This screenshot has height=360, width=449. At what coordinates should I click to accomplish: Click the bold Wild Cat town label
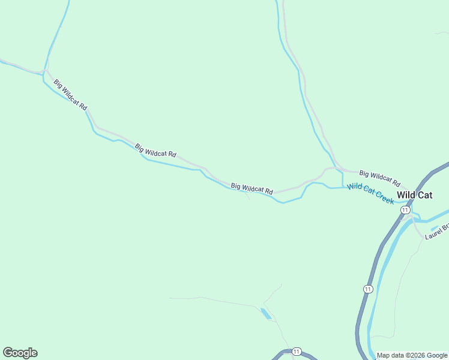pyautogui.click(x=415, y=195)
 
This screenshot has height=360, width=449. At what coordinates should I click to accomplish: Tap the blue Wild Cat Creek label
pyautogui.click(x=371, y=194)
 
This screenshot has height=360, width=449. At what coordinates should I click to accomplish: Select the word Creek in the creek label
pyautogui.click(x=382, y=197)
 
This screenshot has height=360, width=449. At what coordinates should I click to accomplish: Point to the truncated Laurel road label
pyautogui.click(x=436, y=232)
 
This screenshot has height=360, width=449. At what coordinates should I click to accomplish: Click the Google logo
pyautogui.click(x=20, y=353)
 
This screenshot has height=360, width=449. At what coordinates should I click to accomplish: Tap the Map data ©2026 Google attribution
pyautogui.click(x=412, y=355)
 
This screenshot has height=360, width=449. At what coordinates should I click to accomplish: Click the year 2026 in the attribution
pyautogui.click(x=418, y=355)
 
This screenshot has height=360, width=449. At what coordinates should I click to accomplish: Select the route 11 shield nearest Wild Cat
pyautogui.click(x=406, y=210)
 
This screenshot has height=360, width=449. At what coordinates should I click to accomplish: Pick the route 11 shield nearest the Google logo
pyautogui.click(x=296, y=351)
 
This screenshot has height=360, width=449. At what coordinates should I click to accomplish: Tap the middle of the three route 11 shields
pyautogui.click(x=367, y=289)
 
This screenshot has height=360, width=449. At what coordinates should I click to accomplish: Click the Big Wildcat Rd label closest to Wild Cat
pyautogui.click(x=380, y=178)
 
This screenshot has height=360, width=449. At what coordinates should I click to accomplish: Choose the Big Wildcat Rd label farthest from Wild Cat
pyautogui.click(x=70, y=94)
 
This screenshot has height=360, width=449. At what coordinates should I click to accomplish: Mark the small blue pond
pyautogui.click(x=265, y=313)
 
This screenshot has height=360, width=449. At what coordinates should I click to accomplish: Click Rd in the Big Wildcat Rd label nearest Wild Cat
pyautogui.click(x=396, y=182)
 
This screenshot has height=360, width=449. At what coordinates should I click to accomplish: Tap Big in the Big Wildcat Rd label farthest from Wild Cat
pyautogui.click(x=58, y=84)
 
